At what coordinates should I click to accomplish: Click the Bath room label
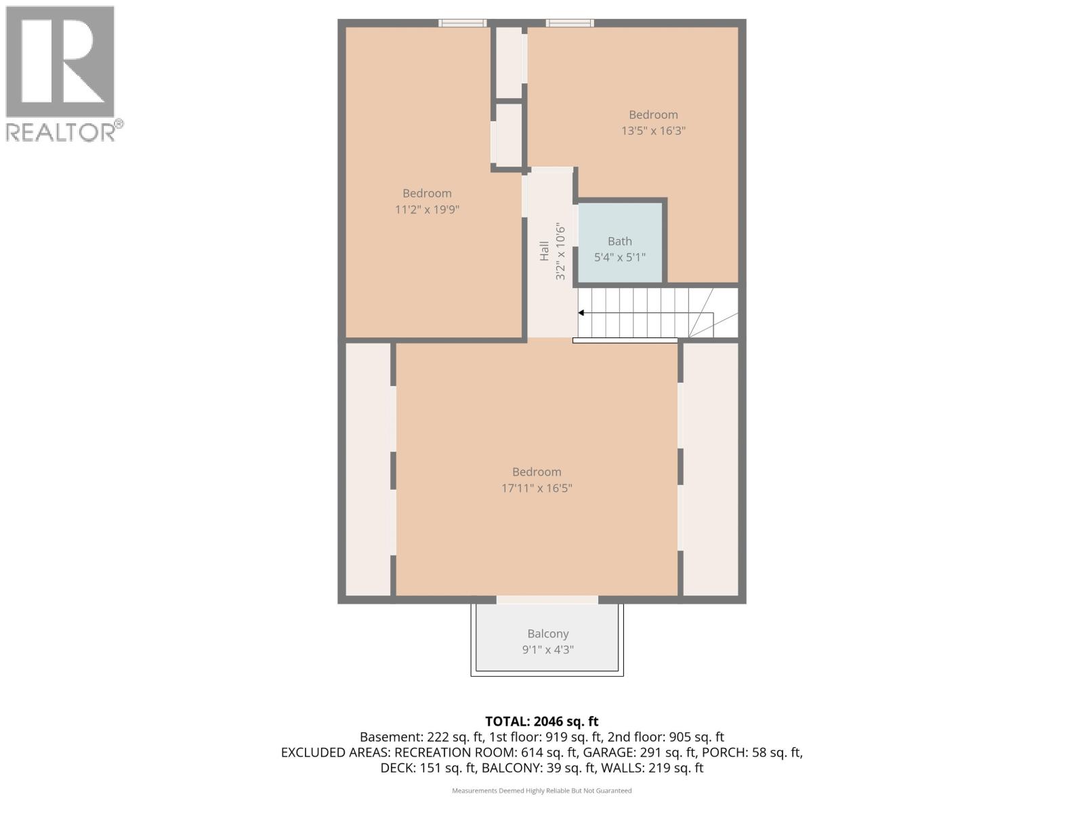tap(619, 241)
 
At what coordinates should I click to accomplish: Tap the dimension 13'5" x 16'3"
tap(653, 131)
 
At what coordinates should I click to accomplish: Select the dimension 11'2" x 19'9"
tap(427, 209)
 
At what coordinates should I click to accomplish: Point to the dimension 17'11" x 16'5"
tap(537, 488)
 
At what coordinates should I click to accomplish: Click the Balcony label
tap(547, 633)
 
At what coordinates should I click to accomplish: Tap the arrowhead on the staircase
tap(581, 313)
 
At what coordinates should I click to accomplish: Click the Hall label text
tap(544, 251)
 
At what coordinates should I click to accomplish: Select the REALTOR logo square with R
tap(60, 62)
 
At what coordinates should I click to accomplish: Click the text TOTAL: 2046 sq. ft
tap(541, 722)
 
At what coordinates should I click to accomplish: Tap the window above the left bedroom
tap(462, 23)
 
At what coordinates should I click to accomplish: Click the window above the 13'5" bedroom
tap(570, 23)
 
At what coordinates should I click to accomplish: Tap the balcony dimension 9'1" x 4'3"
tap(547, 650)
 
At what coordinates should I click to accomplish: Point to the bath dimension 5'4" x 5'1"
tap(619, 257)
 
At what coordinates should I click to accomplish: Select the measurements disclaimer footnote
tap(541, 791)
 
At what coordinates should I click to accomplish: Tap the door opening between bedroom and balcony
tap(547, 599)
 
